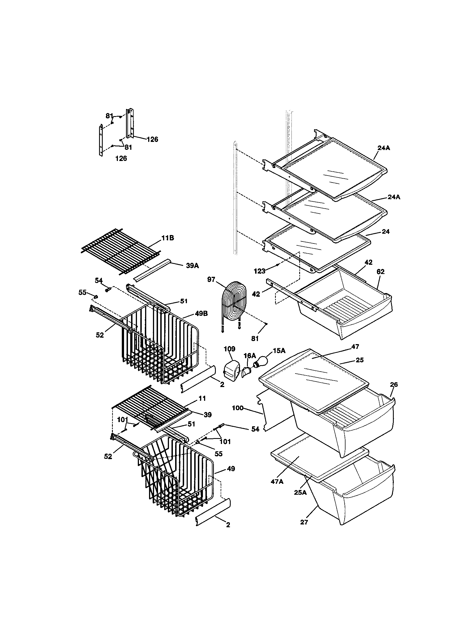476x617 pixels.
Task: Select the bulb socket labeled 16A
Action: pyautogui.click(x=246, y=372)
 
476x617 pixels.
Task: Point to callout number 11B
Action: pyautogui.click(x=168, y=238)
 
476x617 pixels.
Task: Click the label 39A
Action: pyautogui.click(x=192, y=265)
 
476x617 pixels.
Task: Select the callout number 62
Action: pyautogui.click(x=381, y=272)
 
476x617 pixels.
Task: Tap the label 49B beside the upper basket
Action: pyautogui.click(x=201, y=314)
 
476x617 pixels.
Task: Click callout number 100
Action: pyautogui.click(x=237, y=408)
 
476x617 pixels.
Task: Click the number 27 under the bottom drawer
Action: pyautogui.click(x=304, y=522)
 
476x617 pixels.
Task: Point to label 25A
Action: pyautogui.click(x=300, y=492)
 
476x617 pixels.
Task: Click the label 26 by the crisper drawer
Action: pyautogui.click(x=394, y=384)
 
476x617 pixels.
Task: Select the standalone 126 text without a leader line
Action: pyautogui.click(x=121, y=158)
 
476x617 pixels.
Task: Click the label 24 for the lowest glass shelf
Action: pyautogui.click(x=386, y=231)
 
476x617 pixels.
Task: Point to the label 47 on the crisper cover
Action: pyautogui.click(x=355, y=346)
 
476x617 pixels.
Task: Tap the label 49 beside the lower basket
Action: pyautogui.click(x=231, y=469)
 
